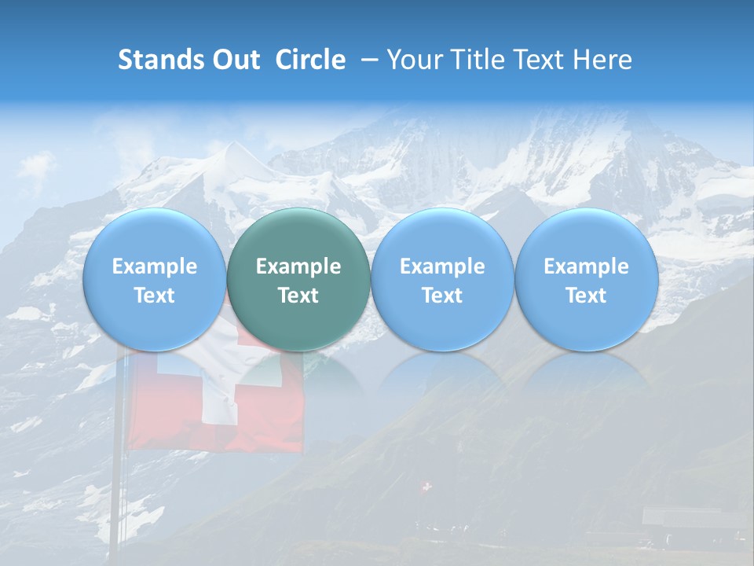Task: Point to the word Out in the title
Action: (232, 60)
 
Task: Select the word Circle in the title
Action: (310, 60)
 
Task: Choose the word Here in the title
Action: (602, 60)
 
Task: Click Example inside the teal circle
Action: (298, 266)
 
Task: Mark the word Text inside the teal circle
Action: (298, 296)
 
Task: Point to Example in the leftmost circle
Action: (154, 266)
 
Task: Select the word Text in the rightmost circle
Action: (586, 296)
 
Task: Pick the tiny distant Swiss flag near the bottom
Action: (426, 488)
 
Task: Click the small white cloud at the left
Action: (35, 165)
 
